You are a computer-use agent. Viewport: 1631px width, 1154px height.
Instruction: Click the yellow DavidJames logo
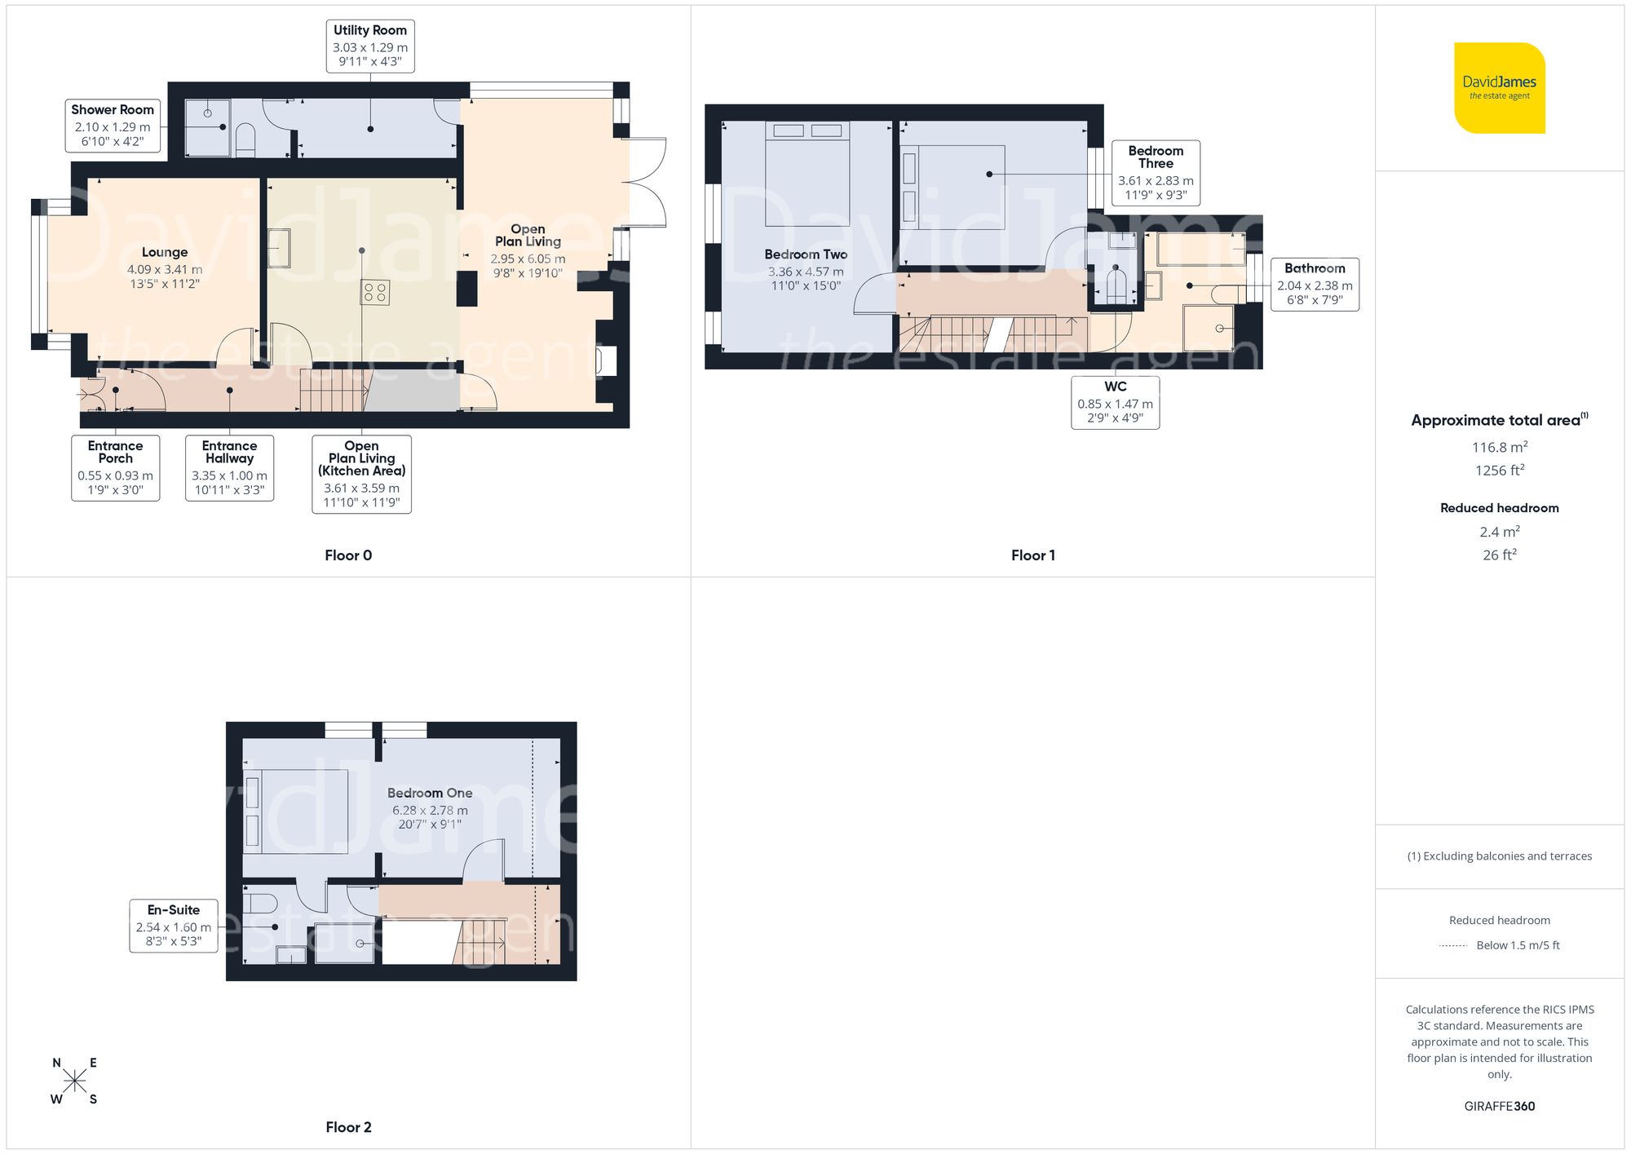pos(1499,88)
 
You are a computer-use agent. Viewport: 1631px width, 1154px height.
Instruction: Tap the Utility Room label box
pos(370,46)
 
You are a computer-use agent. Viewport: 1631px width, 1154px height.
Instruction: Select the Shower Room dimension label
pos(113,126)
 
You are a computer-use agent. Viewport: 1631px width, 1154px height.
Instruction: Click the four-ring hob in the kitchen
pos(375,293)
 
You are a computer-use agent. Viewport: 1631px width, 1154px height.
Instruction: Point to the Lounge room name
pos(165,252)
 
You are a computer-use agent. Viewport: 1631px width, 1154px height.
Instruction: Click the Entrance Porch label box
pos(115,467)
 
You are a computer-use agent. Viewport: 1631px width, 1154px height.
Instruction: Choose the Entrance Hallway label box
pos(229,467)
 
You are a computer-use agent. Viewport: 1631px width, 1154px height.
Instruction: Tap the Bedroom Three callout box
pos(1155,172)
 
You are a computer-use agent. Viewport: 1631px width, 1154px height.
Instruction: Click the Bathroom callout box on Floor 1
pos(1314,284)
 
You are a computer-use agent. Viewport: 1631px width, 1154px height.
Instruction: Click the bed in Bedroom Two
pos(807,174)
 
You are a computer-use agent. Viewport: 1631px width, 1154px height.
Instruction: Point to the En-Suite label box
pos(173,926)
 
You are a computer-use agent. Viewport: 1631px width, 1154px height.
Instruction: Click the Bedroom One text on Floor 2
pos(430,793)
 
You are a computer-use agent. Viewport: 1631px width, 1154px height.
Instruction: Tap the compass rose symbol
pos(74,1081)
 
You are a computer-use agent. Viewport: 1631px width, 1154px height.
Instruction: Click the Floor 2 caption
pos(348,1127)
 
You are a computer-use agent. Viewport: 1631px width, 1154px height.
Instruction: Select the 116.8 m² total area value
pos(1499,447)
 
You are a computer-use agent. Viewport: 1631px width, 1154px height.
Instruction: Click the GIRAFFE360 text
pos(1499,1107)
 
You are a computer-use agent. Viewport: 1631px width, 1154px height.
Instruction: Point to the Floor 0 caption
pos(348,555)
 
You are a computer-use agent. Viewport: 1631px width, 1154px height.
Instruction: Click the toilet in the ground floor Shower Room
pos(245,139)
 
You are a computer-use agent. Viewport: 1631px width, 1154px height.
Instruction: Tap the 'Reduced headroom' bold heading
pos(1499,508)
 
